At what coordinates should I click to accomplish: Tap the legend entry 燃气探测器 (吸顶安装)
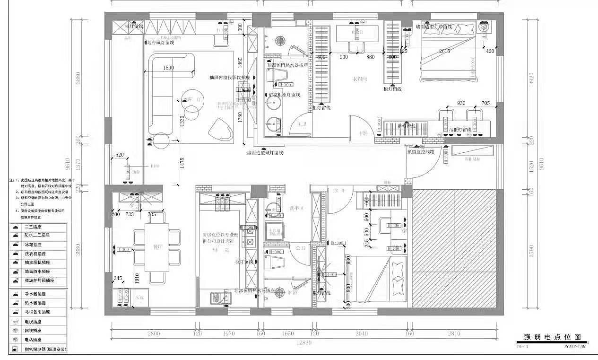[x=45, y=349]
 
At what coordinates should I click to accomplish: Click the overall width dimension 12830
[x=304, y=342]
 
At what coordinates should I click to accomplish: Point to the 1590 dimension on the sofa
[x=168, y=68]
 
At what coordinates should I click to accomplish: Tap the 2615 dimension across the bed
[x=444, y=51]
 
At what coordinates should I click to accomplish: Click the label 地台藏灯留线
[x=161, y=43]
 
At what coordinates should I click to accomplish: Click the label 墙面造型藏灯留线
[x=265, y=152]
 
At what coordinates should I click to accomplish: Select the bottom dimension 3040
[x=361, y=334]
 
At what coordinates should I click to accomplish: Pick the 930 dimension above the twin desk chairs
[x=460, y=103]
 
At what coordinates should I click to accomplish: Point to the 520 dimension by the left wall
[x=119, y=155]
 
